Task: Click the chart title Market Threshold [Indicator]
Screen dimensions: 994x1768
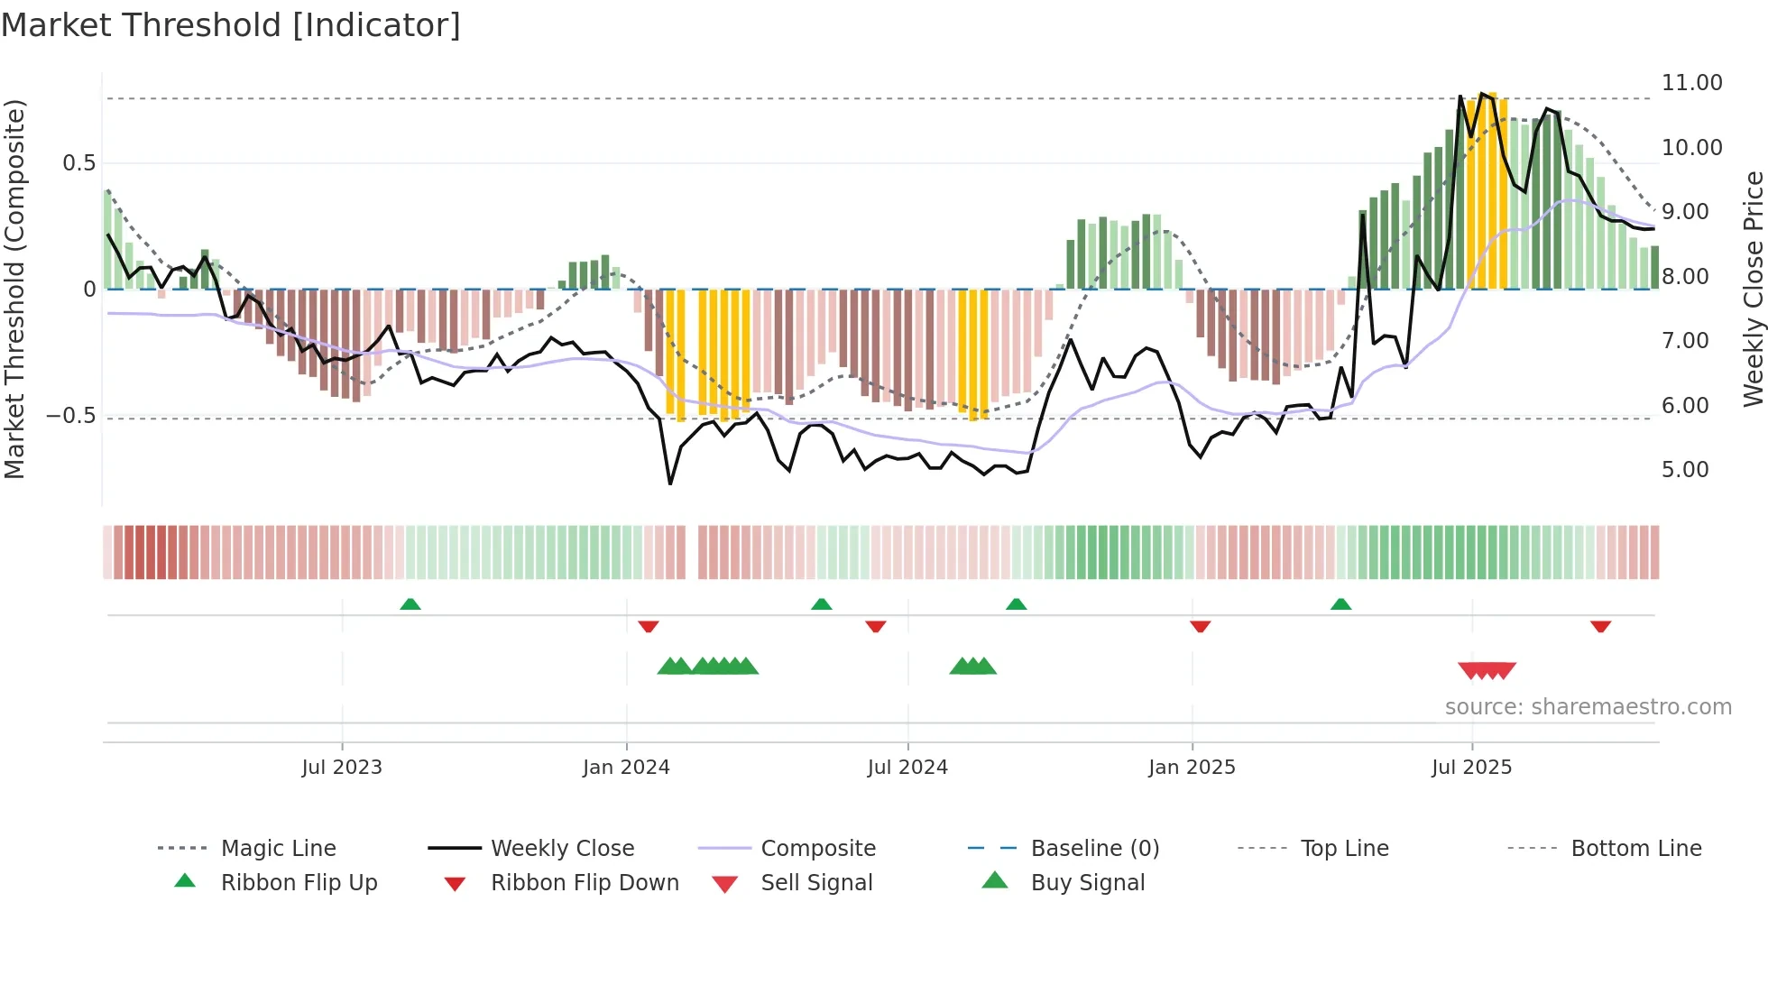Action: tap(231, 25)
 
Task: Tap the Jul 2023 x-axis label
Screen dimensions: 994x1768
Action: tap(342, 768)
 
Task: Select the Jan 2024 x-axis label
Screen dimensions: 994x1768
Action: tap(626, 768)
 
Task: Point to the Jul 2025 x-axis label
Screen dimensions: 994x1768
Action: tap(1471, 768)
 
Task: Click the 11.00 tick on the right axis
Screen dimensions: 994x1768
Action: tap(1691, 83)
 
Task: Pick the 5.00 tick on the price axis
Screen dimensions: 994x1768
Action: tap(1684, 470)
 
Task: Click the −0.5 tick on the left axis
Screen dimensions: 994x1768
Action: tap(70, 416)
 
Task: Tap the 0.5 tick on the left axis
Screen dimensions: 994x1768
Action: tap(78, 163)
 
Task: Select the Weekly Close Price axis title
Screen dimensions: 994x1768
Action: tap(1753, 289)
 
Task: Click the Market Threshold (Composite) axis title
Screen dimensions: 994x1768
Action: tap(14, 289)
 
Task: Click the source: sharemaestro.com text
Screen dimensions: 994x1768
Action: tap(1588, 707)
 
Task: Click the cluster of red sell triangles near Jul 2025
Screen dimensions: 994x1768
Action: tap(1487, 670)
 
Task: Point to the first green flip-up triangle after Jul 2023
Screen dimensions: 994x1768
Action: tap(410, 603)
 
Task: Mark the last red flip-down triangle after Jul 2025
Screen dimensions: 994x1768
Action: tap(1600, 626)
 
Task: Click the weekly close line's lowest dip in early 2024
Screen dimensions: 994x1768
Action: tap(670, 483)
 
